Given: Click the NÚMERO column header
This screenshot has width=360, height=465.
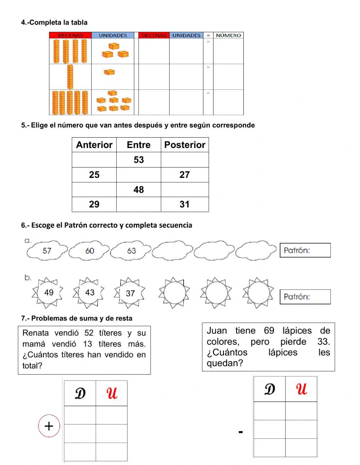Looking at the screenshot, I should pos(228,35).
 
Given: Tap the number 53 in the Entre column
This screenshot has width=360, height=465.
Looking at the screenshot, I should pos(139,160).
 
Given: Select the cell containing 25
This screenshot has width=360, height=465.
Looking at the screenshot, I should pos(94,175).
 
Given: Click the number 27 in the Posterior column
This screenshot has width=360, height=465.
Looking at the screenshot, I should pos(184,175).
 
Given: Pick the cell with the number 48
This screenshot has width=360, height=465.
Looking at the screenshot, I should pos(139,189).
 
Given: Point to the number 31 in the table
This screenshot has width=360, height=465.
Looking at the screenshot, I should pos(184,204).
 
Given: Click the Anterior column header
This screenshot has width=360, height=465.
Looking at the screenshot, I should pos(94,145).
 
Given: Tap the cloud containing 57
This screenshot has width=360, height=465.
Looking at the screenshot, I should pos(47,251).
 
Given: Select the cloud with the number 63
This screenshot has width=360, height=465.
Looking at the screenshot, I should pos(131,251).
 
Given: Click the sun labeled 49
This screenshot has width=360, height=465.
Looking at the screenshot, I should pos(49,292).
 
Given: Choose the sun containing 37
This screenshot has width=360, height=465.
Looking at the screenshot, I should pos(130,293).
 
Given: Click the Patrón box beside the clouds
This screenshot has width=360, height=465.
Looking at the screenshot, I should pos(305,250).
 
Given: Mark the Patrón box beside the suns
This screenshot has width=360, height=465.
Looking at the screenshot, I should pos(305,297).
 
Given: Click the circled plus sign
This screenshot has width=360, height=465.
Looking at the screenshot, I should pos(49,426).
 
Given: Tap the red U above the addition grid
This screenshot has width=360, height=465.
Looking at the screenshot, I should pos(112,393).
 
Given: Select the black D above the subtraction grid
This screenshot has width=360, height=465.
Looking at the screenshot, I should pos(269,389).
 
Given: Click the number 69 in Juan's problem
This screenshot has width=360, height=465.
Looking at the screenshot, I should pos(269,331).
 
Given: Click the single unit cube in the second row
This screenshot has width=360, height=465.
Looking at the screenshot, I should pos(109,72).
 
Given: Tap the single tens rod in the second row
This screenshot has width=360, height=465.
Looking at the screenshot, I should pos(70,77).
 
